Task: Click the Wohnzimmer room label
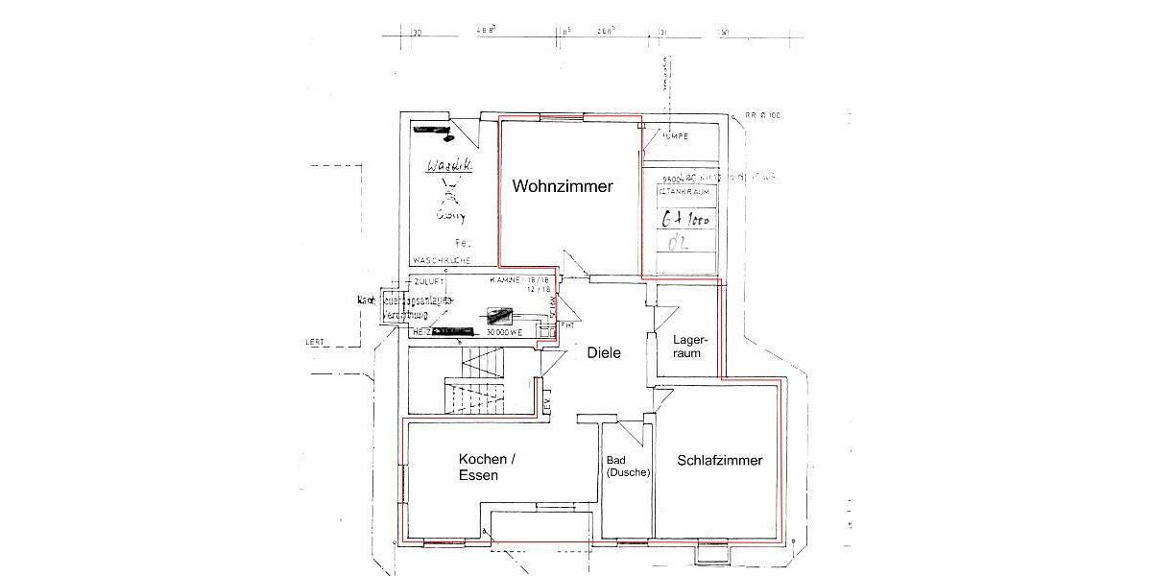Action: [x=562, y=186]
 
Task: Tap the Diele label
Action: [x=604, y=352]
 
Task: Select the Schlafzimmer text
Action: [x=719, y=460]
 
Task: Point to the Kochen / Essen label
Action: [x=487, y=468]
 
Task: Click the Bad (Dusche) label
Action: [x=628, y=466]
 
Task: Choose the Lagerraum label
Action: [x=690, y=347]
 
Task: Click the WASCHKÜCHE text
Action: [x=441, y=261]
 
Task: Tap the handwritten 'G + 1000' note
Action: [x=685, y=219]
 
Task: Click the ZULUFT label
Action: [x=430, y=280]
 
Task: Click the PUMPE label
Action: [x=674, y=136]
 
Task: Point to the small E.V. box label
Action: [x=547, y=406]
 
